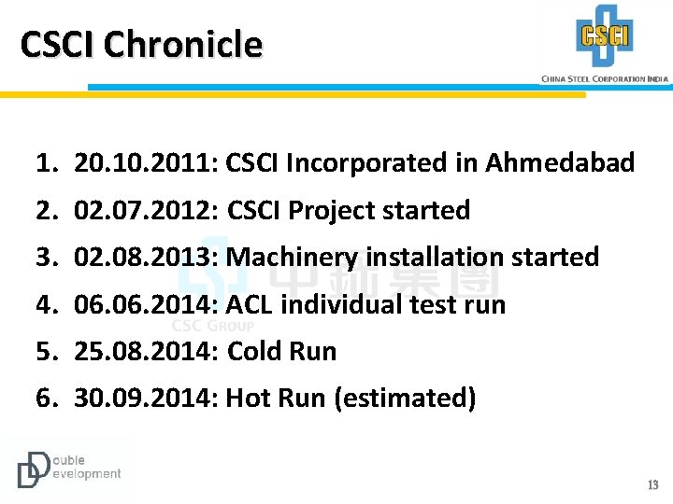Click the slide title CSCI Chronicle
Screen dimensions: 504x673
[141, 44]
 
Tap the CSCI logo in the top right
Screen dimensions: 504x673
[605, 36]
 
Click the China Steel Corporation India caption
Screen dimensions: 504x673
[605, 79]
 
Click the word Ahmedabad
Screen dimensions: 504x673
[558, 163]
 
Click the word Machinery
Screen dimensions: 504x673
[293, 258]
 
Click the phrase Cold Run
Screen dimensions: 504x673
[282, 352]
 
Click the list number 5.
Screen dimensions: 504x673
[44, 352]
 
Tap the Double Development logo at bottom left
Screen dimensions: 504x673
[68, 468]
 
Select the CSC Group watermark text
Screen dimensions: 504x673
[213, 326]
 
